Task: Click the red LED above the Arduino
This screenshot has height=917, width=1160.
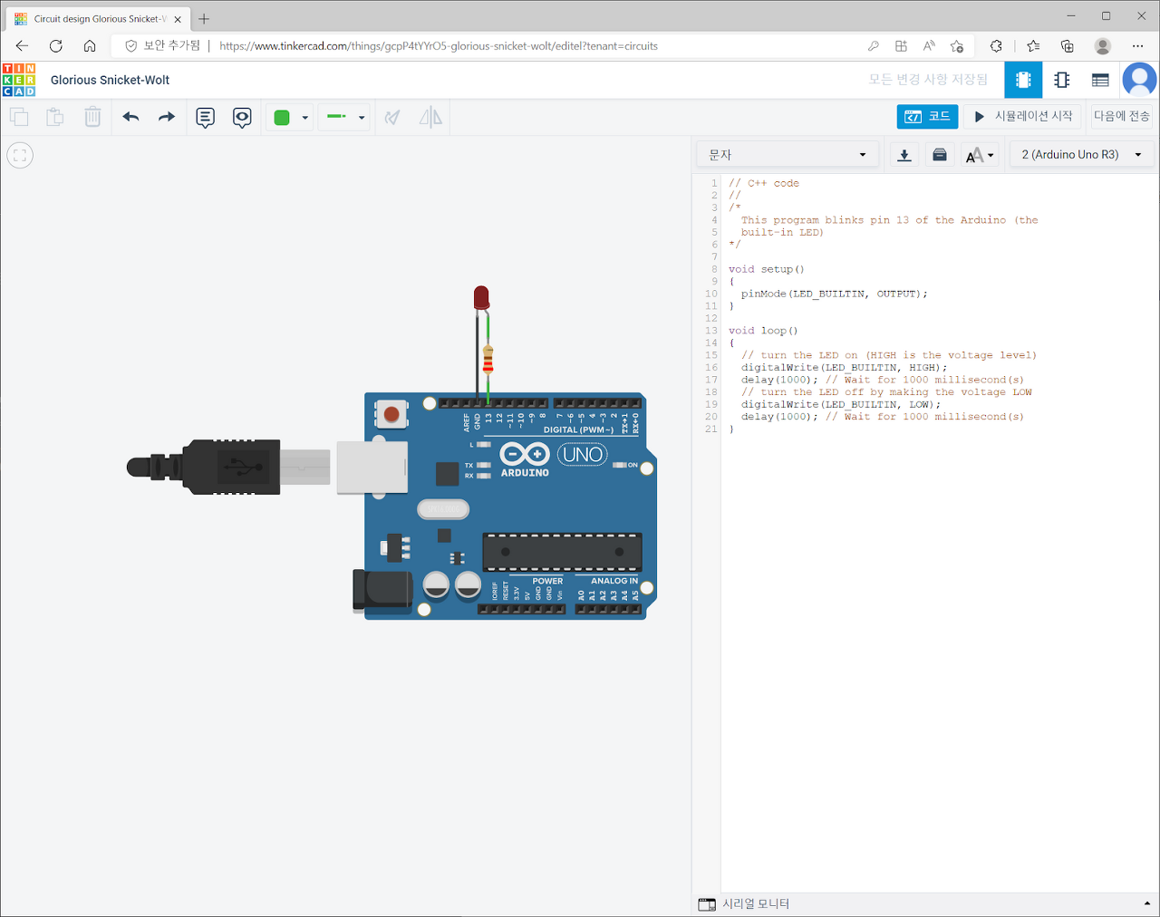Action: tap(481, 297)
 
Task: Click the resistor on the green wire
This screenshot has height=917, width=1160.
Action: tap(488, 359)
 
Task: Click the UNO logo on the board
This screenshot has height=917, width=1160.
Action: tap(582, 454)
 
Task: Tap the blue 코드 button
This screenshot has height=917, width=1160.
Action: tap(927, 116)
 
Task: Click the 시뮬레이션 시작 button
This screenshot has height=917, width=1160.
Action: tap(1023, 116)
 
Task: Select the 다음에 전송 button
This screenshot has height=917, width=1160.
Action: tap(1121, 116)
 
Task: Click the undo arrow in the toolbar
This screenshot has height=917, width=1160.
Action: tap(131, 117)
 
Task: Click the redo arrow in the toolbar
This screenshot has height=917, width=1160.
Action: tap(167, 117)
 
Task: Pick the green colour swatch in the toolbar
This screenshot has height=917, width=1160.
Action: tap(282, 117)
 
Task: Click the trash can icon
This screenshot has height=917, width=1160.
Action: tap(92, 117)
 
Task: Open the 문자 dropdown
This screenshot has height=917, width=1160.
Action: tap(787, 155)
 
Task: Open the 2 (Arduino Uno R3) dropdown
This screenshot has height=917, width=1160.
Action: tap(1081, 155)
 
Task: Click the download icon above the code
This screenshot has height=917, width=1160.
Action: tap(904, 155)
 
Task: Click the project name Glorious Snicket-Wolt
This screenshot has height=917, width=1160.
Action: tap(111, 80)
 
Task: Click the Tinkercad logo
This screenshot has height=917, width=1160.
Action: tap(19, 80)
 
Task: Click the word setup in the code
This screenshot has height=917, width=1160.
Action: tap(777, 269)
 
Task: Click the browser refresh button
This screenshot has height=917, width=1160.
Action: tap(56, 45)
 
